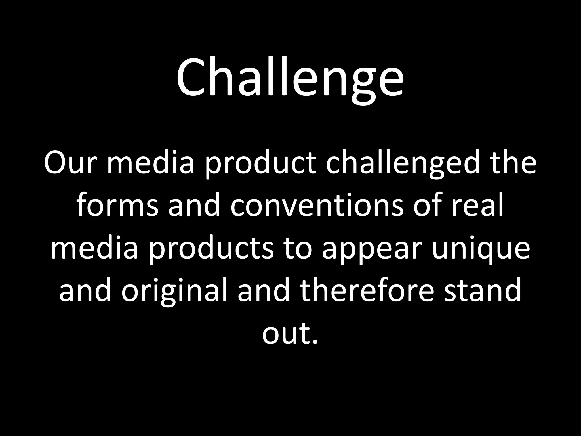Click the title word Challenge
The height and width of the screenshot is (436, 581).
click(290, 78)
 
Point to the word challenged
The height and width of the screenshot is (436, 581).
click(403, 165)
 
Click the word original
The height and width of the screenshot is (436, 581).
click(174, 292)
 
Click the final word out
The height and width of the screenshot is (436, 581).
click(285, 335)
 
